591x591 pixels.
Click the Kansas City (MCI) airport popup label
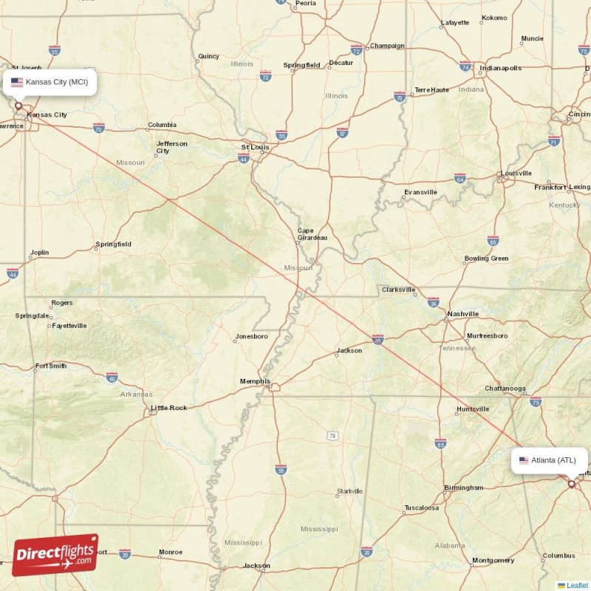pyautogui.click(x=49, y=82)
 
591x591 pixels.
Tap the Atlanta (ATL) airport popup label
pyautogui.click(x=550, y=460)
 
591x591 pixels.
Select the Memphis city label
pyautogui.click(x=254, y=381)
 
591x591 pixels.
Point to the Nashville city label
pyautogui.click(x=463, y=314)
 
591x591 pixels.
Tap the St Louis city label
pyautogui.click(x=254, y=148)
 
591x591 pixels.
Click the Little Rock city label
pyautogui.click(x=169, y=408)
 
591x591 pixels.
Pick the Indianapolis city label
pyautogui.click(x=500, y=68)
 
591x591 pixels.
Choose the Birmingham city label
pyautogui.click(x=464, y=488)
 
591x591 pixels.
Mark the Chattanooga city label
pyautogui.click(x=505, y=389)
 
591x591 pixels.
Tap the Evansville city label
pyautogui.click(x=420, y=192)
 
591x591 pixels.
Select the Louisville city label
pyautogui.click(x=516, y=174)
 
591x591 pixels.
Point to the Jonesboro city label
pyautogui.click(x=251, y=337)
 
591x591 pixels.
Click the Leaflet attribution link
pyautogui.click(x=577, y=585)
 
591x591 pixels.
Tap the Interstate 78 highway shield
pyautogui.click(x=332, y=436)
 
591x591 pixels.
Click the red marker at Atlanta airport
pyautogui.click(x=571, y=484)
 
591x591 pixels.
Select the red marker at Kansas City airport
pyautogui.click(x=18, y=106)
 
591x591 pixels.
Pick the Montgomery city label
pyautogui.click(x=493, y=561)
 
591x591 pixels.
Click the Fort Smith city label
pyautogui.click(x=51, y=366)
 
